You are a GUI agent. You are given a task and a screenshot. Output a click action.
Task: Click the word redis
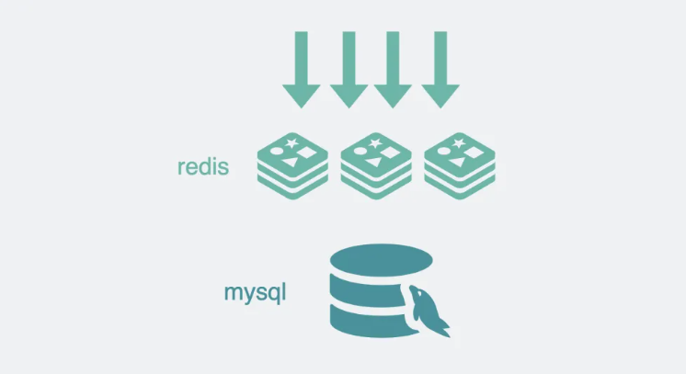[x=203, y=166]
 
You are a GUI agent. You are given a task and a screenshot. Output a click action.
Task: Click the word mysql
[x=255, y=292]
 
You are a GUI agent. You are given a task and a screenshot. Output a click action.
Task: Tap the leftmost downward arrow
[x=302, y=70]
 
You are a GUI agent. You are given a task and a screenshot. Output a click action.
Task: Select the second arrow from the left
[x=349, y=70]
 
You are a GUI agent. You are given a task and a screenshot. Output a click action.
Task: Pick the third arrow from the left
[x=393, y=70]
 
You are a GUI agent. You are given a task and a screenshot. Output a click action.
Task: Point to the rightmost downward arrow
[x=440, y=70]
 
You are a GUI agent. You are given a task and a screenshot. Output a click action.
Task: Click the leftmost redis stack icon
[x=292, y=165]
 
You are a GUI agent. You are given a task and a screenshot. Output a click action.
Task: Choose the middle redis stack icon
[x=376, y=165]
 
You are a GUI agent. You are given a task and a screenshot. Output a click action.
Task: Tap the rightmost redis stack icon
[x=460, y=165]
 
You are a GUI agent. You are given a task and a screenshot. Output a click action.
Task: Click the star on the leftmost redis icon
[x=292, y=142]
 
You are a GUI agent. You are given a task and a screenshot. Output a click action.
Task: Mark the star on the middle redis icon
[x=375, y=142]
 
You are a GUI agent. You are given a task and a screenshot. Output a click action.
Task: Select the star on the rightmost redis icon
[x=459, y=142]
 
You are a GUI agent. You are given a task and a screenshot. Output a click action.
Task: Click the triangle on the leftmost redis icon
[x=292, y=162]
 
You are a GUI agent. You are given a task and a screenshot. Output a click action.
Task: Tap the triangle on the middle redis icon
[x=375, y=162]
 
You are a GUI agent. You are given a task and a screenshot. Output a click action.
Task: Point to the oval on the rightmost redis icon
[x=443, y=152]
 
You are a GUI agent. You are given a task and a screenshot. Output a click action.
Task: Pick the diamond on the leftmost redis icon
[x=307, y=153]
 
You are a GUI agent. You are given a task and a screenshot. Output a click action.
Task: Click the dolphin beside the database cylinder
[x=428, y=310]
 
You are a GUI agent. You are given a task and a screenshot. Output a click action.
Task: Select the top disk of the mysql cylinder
[x=381, y=260]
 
